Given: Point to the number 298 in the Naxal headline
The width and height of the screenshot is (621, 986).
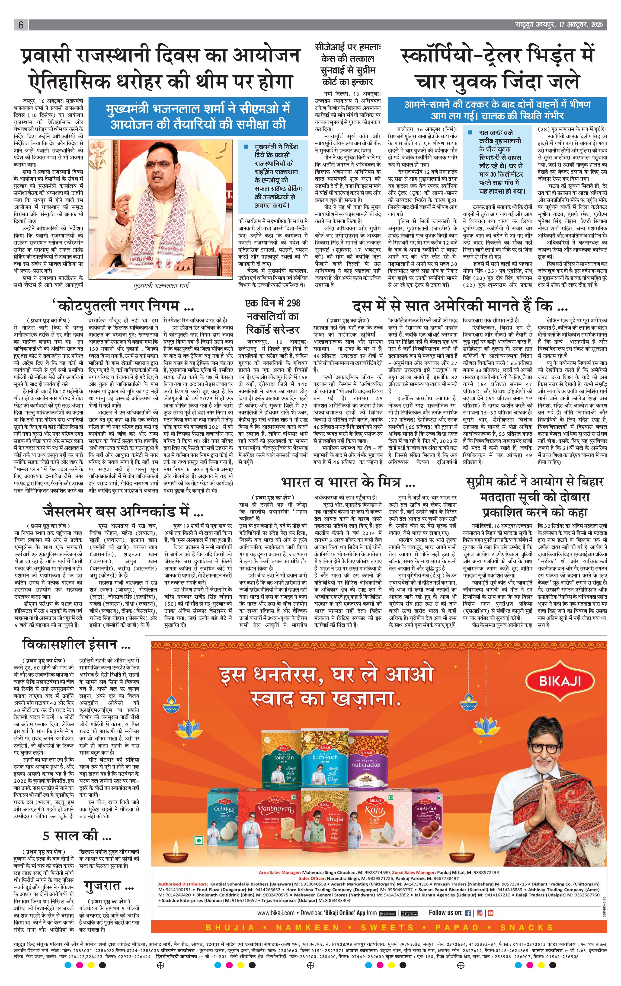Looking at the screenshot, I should (x=293, y=303).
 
